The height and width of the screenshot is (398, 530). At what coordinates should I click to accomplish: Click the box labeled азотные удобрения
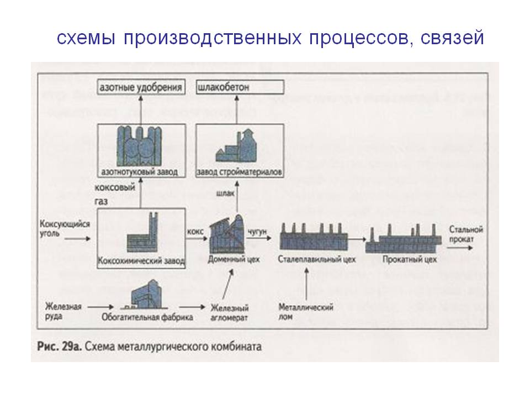(140, 87)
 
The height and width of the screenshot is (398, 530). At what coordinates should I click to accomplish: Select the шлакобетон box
(241, 87)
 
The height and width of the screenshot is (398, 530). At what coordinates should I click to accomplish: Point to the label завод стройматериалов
(240, 172)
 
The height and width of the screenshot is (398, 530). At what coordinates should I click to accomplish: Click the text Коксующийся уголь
(57, 229)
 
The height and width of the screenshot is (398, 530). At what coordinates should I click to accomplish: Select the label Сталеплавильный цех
(317, 259)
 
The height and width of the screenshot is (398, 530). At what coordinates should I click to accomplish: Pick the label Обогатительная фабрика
(147, 317)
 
